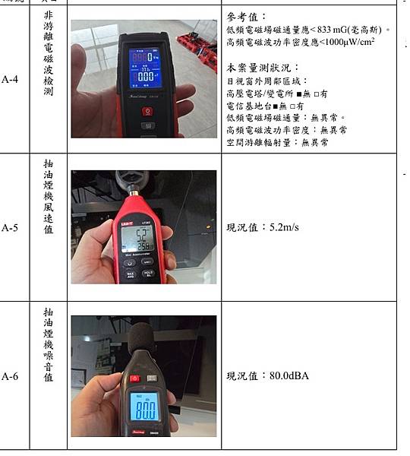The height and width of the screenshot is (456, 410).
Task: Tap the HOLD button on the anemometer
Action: tap(148, 272)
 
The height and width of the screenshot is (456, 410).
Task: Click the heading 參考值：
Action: tap(248, 17)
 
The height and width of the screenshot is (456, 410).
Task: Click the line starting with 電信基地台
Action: tap(265, 106)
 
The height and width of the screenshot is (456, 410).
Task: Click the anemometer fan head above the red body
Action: tap(134, 182)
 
